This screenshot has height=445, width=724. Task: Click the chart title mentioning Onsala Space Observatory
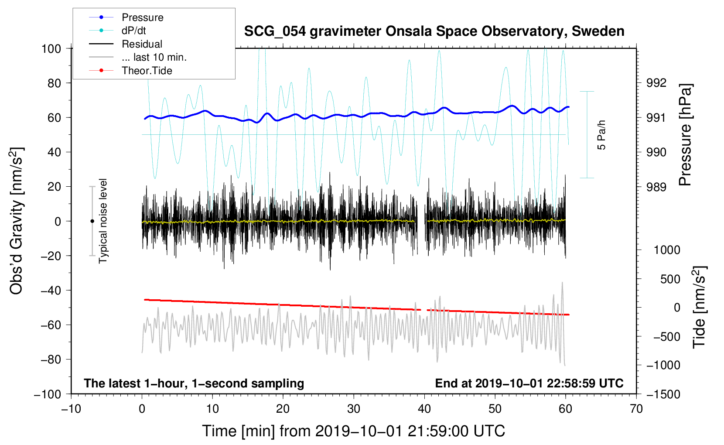(x=434, y=31)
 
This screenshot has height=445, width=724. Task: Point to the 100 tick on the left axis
(x=51, y=49)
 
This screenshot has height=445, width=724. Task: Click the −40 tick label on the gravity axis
(x=51, y=291)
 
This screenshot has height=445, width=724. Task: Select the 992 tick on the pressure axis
(x=656, y=83)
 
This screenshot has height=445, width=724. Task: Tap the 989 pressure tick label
(x=656, y=187)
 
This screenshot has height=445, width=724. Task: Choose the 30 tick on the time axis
(x=354, y=409)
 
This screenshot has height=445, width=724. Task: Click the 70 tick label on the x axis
(x=636, y=409)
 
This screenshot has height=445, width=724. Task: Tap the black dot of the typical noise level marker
(x=92, y=221)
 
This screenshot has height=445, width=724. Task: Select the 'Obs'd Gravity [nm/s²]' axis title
(x=16, y=221)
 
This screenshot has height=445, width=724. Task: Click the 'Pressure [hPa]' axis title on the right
(x=685, y=135)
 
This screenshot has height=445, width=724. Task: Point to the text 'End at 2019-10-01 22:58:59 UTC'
(x=529, y=383)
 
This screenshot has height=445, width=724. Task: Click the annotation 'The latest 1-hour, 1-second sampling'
(x=194, y=383)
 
